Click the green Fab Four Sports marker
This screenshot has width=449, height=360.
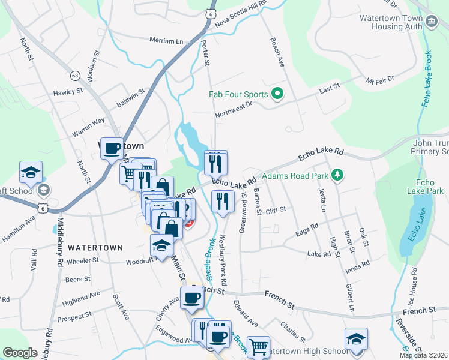point(277,94)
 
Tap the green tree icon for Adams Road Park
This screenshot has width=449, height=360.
point(339,175)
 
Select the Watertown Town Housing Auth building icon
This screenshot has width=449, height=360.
point(431,23)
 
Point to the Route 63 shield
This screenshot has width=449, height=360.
point(75,76)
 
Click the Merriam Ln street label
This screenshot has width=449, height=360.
point(166,41)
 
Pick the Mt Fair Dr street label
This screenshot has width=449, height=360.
point(380,79)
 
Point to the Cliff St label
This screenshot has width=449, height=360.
point(273,211)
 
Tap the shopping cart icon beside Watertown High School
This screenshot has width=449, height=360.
point(258,346)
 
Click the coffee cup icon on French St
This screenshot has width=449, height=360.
point(191,298)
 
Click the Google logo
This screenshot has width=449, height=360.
point(20,353)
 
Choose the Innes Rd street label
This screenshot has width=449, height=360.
point(357,264)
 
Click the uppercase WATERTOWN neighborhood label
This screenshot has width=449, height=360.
point(95,247)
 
